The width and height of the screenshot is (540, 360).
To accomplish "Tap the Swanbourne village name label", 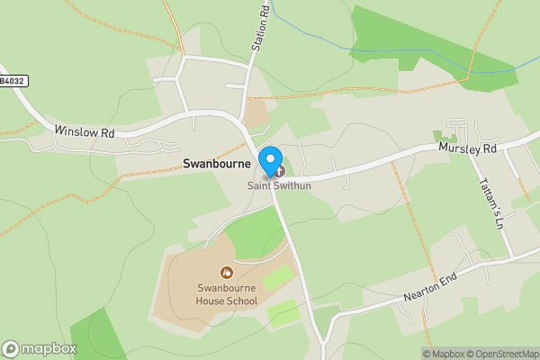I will [217, 164].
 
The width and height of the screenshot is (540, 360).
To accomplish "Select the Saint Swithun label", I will [279, 186].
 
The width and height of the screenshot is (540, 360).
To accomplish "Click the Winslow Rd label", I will [85, 132].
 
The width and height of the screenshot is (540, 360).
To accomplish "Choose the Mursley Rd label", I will [468, 148].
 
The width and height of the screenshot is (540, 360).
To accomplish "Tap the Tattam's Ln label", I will [491, 202].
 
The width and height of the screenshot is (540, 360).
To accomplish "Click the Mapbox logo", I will [39, 348].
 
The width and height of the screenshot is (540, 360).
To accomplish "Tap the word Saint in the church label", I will [261, 186].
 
